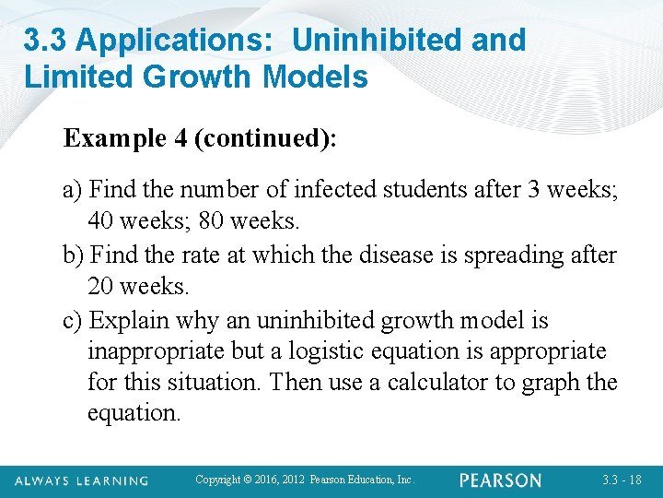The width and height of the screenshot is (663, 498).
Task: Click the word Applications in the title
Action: (169, 40)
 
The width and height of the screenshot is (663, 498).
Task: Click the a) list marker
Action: (74, 191)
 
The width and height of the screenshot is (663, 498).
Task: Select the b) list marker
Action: (75, 255)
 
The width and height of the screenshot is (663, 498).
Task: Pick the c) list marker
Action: (74, 320)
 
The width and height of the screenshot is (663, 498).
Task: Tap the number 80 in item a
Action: (247, 222)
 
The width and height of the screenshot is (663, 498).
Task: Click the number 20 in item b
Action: (104, 287)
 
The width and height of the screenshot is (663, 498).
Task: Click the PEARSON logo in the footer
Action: (501, 480)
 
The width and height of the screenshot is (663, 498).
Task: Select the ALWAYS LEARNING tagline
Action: (81, 480)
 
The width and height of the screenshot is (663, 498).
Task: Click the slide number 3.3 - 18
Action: (622, 480)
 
